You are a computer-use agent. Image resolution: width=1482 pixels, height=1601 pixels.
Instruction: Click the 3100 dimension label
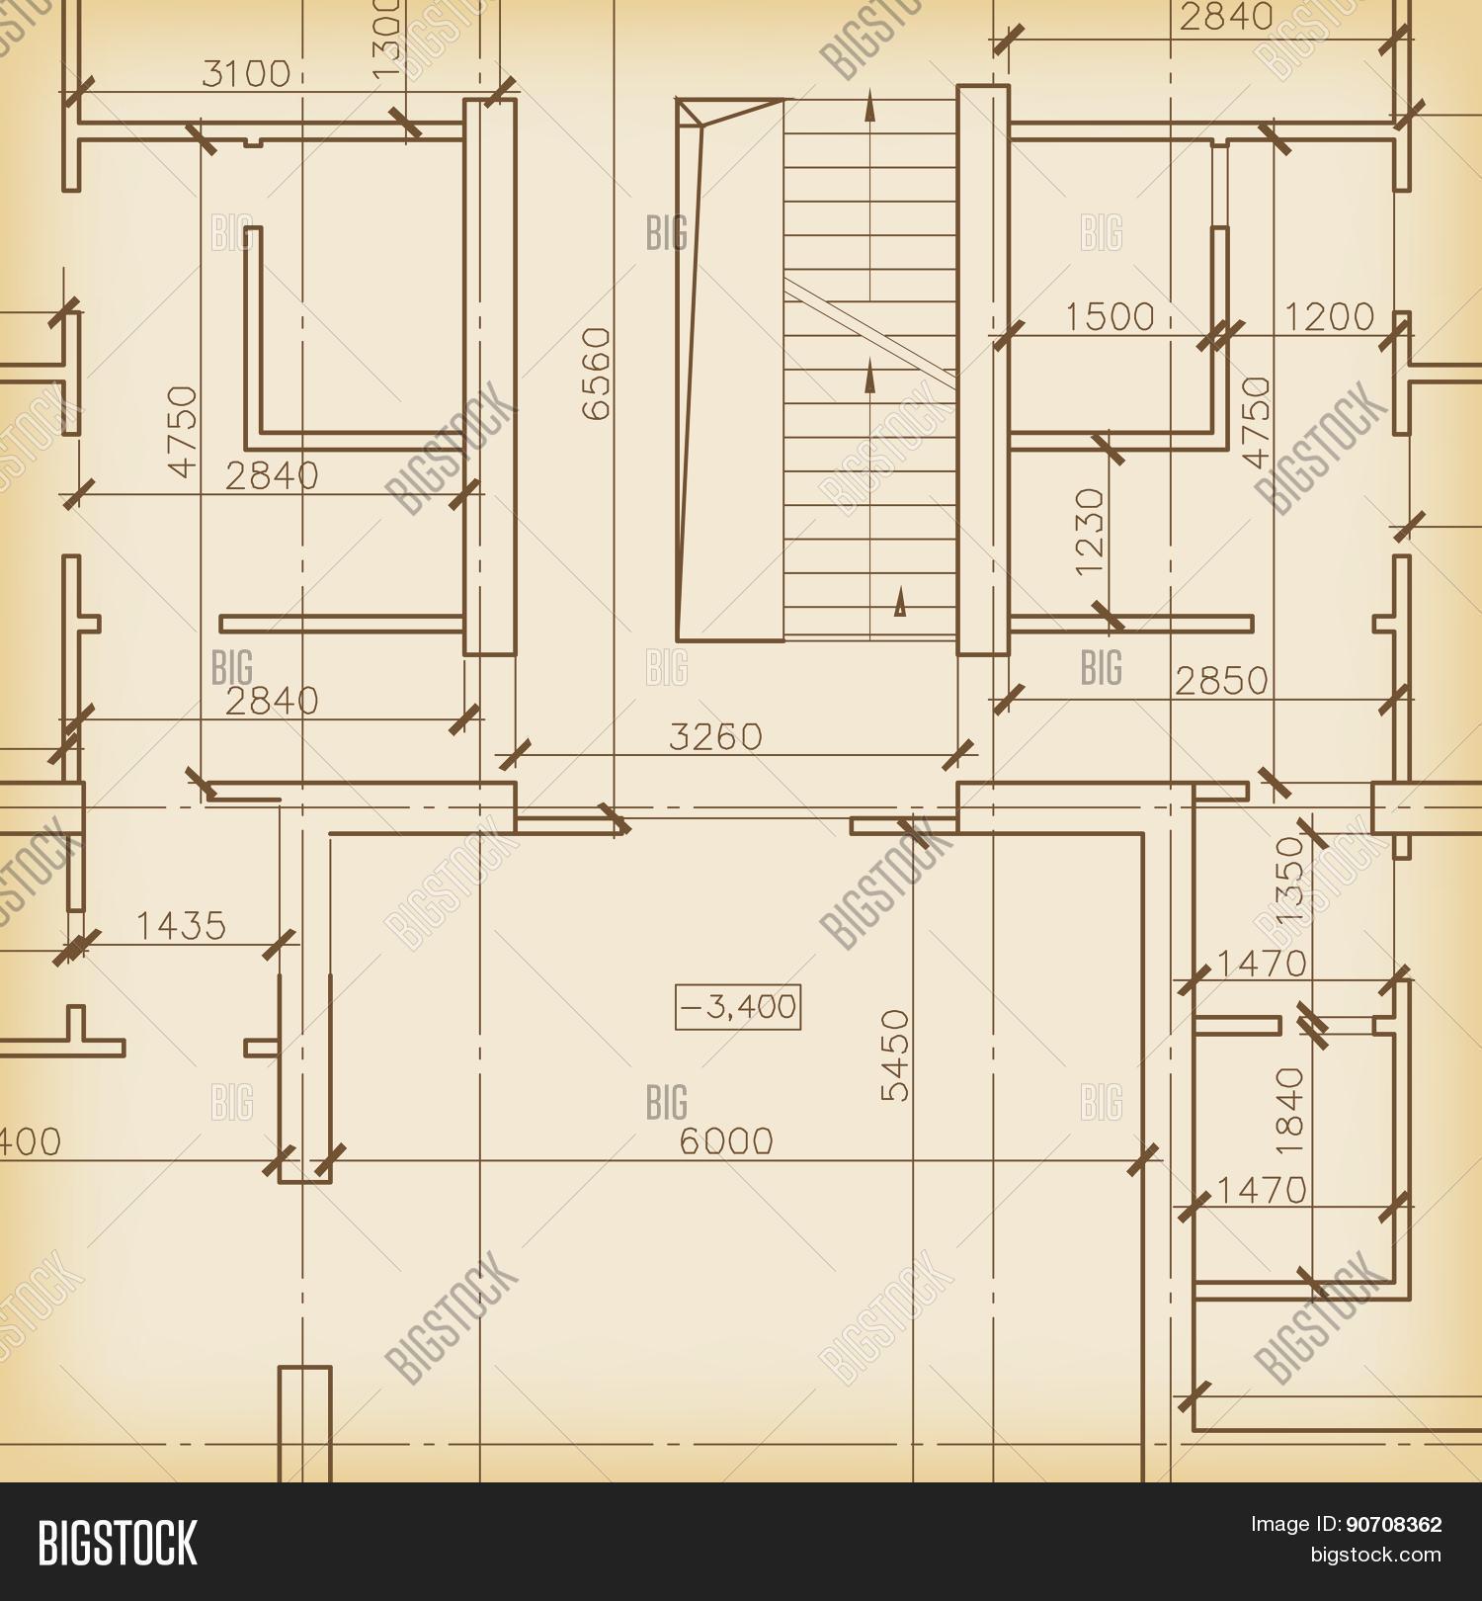[246, 74]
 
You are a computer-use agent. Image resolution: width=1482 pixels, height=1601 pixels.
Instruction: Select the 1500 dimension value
[1110, 316]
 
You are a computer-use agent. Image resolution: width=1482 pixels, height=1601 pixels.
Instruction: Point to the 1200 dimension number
[1329, 316]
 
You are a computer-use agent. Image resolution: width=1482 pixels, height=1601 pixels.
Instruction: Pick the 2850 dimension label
[1221, 681]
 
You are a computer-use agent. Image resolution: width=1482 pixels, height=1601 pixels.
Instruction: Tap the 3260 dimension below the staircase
[716, 736]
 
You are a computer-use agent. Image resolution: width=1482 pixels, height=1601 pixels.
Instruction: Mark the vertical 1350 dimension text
[1290, 881]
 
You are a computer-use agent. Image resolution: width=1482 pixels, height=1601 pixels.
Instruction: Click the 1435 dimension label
[181, 926]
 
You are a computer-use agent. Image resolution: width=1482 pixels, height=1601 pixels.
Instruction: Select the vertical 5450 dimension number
[896, 1054]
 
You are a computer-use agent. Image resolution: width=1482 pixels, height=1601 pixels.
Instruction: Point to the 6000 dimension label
[726, 1141]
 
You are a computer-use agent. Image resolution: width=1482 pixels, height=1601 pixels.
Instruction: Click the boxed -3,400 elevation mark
[738, 1007]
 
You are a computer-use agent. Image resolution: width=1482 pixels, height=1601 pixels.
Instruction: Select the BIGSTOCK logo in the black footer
[118, 1541]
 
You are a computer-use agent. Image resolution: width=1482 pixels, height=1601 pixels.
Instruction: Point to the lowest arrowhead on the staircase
[899, 603]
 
